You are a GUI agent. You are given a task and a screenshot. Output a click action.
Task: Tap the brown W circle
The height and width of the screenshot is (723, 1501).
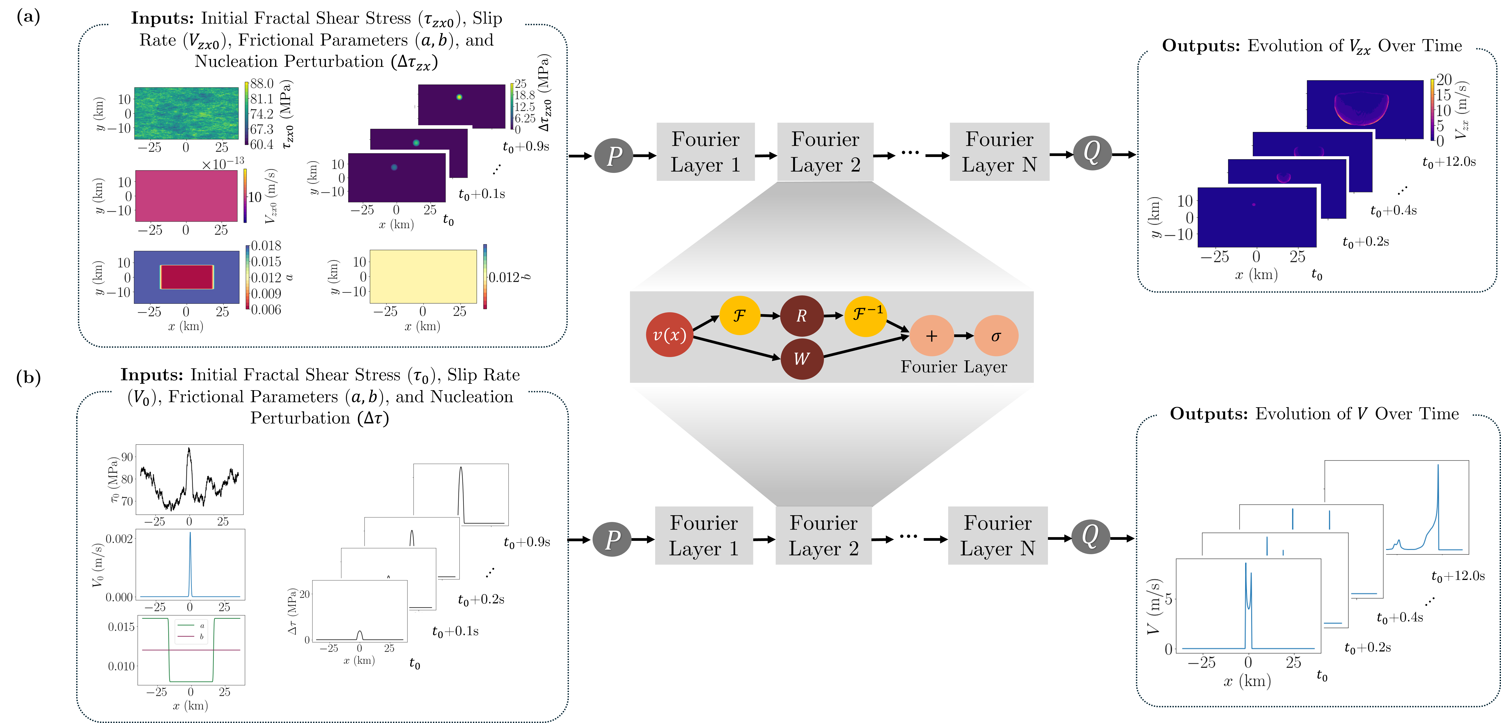802,359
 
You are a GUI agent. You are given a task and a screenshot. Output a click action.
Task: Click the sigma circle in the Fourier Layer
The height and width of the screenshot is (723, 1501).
996,336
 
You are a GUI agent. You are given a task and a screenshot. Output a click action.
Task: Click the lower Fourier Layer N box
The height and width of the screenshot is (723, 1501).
998,535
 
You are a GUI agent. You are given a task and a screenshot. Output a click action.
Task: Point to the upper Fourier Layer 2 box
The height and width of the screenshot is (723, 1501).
825,152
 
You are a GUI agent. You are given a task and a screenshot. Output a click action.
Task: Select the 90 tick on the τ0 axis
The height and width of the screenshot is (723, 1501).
127,457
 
